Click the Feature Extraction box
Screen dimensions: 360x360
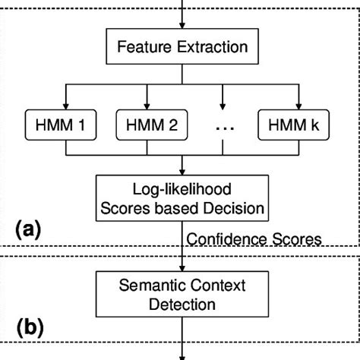tap(182, 48)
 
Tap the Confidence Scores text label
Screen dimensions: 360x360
tap(254, 239)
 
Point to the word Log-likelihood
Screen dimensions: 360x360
tap(182, 188)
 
